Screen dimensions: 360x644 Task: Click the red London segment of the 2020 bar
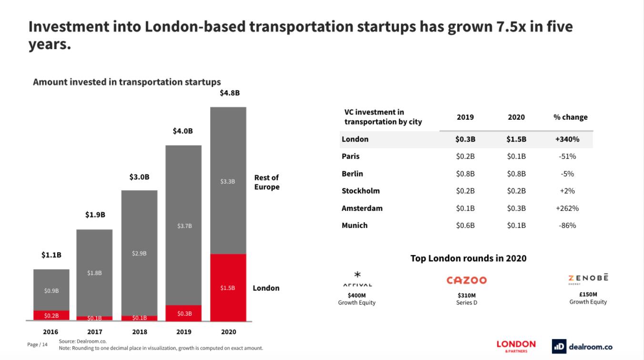coord(228,287)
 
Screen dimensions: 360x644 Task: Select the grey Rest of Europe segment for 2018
coord(139,253)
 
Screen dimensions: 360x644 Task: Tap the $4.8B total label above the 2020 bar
coord(229,93)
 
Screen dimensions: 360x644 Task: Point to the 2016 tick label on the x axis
coord(51,332)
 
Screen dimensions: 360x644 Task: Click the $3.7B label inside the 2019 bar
coord(184,226)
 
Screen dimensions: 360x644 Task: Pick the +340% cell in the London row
coord(567,139)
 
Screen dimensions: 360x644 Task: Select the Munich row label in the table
coord(354,225)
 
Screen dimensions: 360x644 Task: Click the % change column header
coord(570,117)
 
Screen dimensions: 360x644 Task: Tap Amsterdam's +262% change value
coord(567,208)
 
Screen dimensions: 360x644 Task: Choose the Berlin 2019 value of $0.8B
coord(465,174)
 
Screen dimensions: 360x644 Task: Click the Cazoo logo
coord(466,280)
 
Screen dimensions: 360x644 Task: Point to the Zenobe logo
coord(588,278)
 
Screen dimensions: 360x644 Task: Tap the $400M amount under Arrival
coord(357,295)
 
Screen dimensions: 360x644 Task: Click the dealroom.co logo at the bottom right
coord(582,347)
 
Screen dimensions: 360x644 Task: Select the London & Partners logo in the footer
coord(516,346)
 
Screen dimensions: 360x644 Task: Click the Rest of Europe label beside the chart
coord(266,182)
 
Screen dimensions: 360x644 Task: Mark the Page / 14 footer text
coord(38,344)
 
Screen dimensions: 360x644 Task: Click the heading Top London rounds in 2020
coord(468,258)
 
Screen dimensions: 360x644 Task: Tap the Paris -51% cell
coord(567,156)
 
